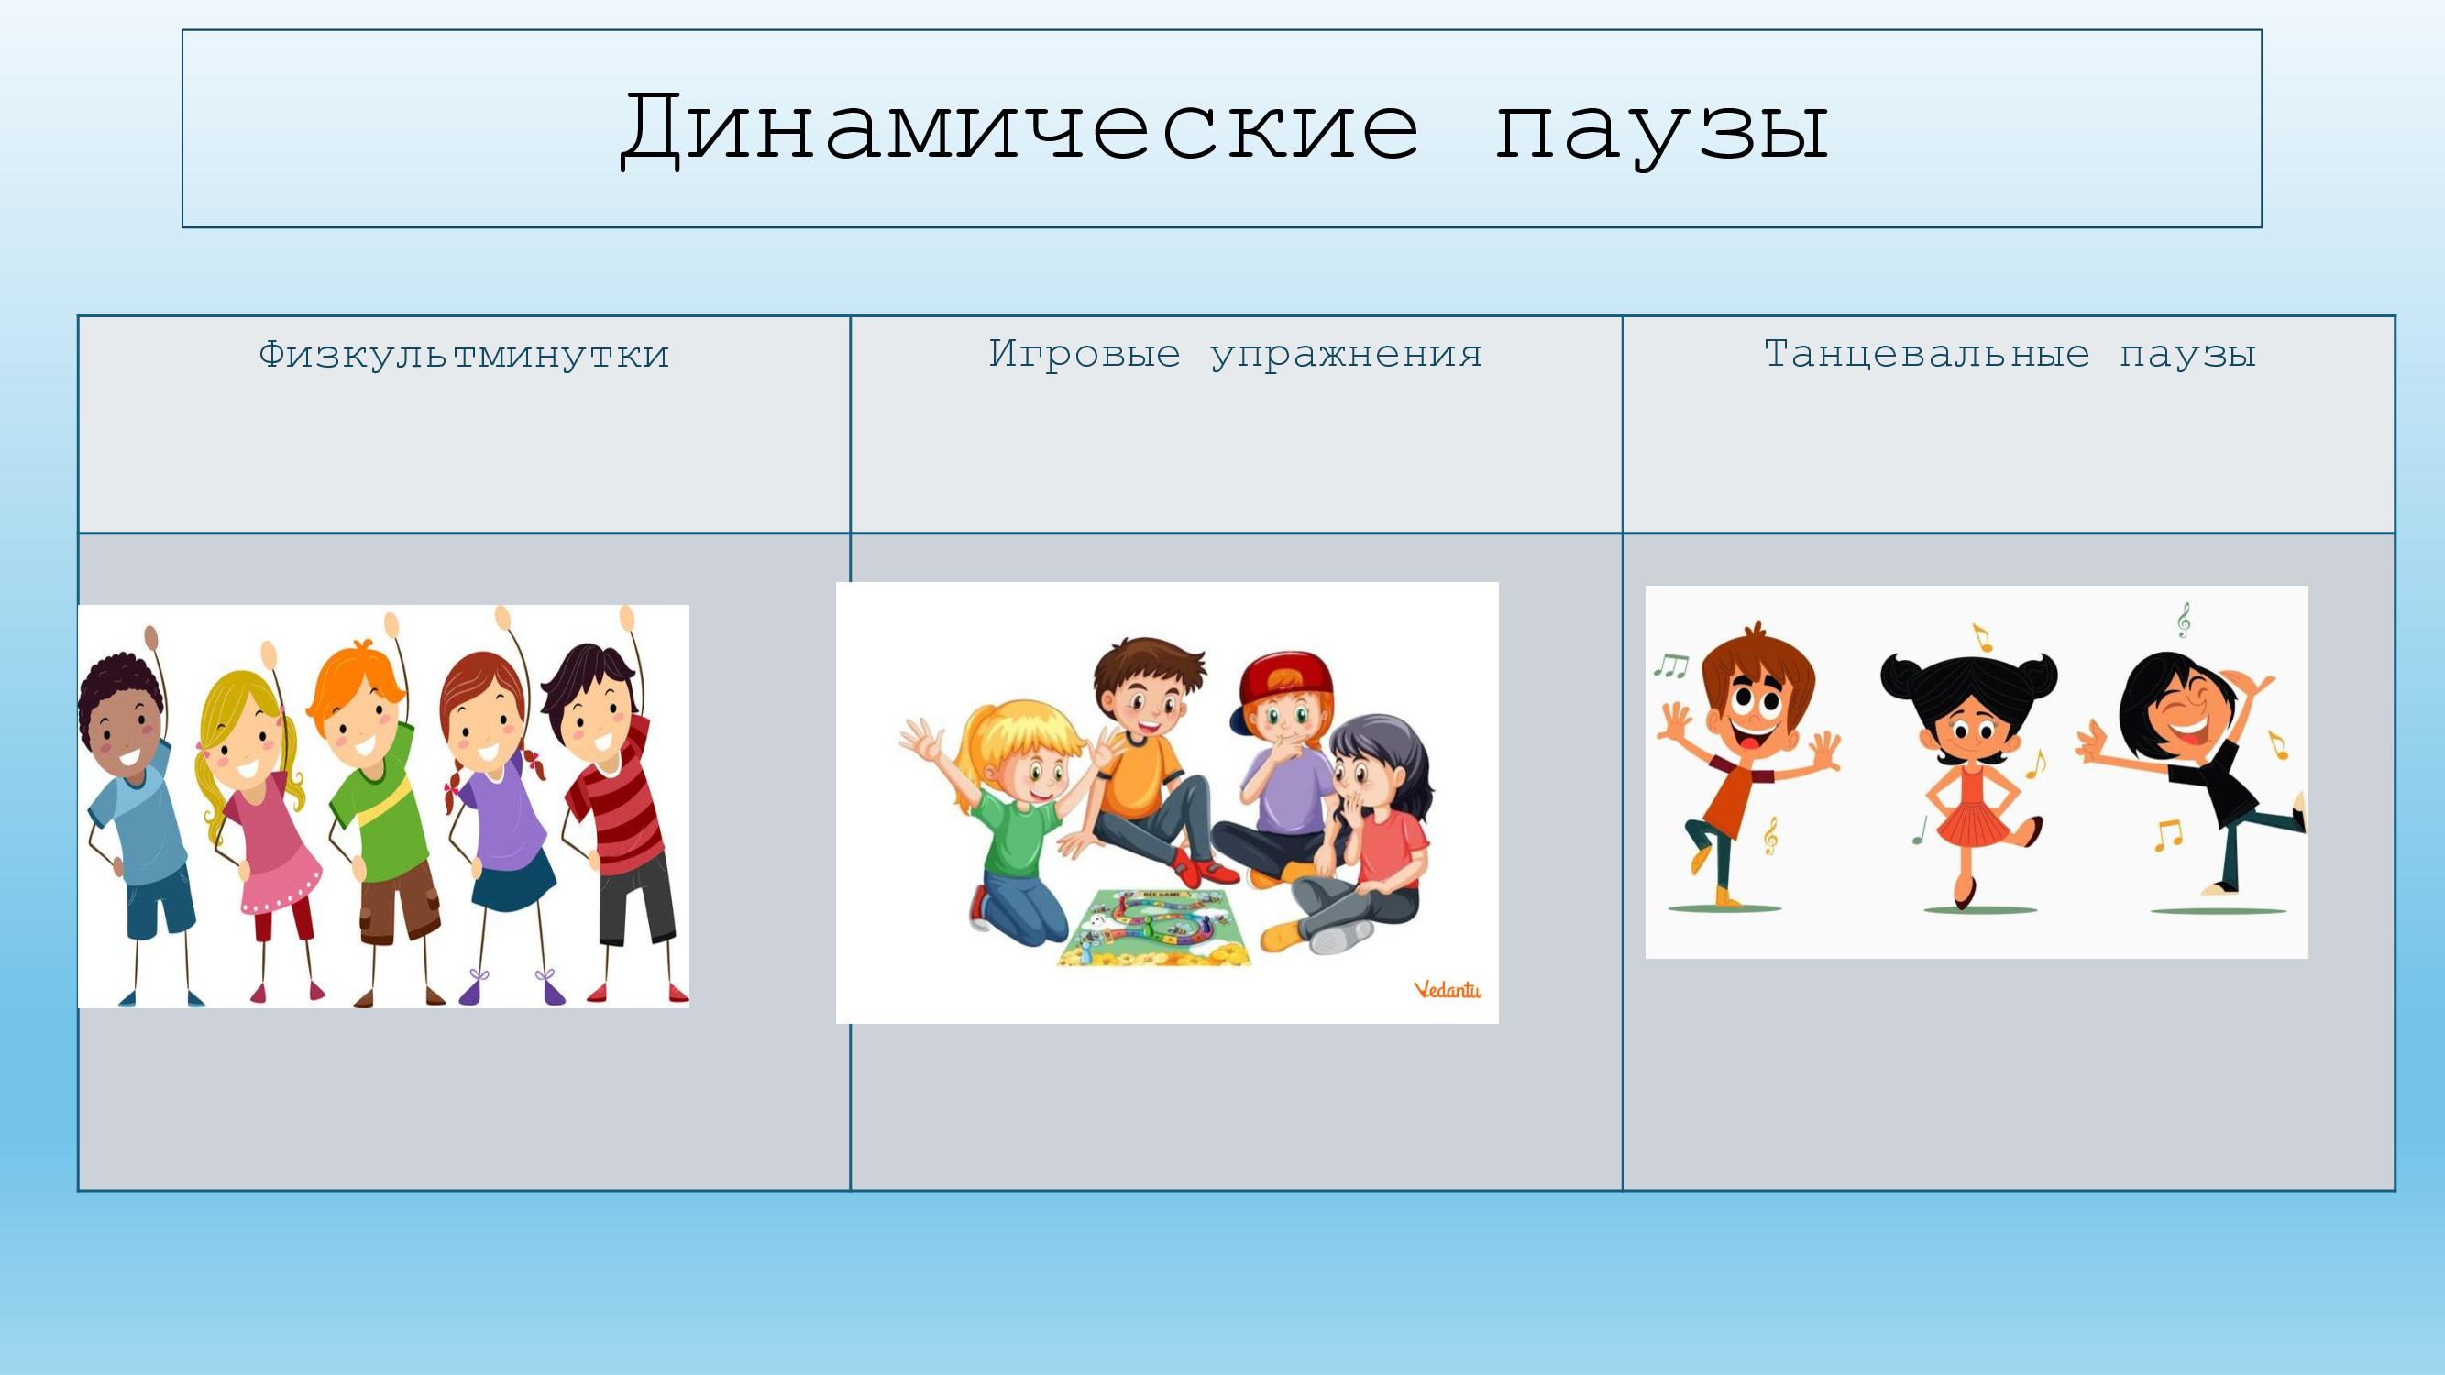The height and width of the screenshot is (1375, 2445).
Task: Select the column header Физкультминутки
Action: pos(464,355)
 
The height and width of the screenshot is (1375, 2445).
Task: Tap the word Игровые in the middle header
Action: pos(1085,355)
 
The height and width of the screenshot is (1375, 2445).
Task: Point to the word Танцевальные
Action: pos(1927,356)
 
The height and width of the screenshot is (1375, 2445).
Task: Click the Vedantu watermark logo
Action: pos(1448,990)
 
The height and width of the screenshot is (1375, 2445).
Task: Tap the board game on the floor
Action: pos(1154,926)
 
